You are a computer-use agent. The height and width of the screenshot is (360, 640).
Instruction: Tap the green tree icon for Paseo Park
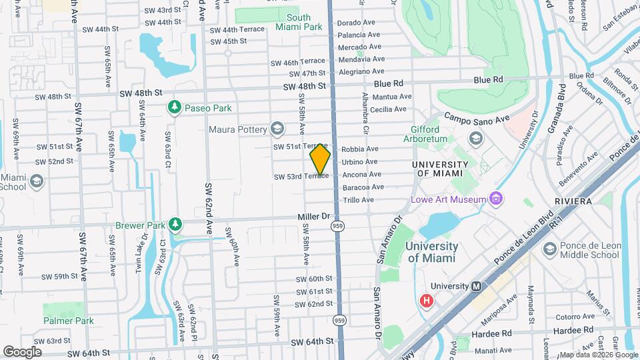[x=174, y=107]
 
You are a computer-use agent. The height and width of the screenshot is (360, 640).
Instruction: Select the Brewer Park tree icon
[x=175, y=225]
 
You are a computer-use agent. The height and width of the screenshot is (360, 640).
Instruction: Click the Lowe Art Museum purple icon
[x=495, y=198]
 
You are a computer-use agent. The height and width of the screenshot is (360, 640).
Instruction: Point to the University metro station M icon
[x=477, y=286]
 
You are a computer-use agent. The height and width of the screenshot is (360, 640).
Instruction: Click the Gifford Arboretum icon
[x=475, y=138]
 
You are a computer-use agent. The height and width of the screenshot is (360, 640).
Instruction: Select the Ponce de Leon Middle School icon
[x=549, y=249]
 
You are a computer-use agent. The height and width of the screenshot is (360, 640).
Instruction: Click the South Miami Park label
[x=298, y=22]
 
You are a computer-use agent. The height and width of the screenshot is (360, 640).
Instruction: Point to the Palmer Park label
[x=68, y=321]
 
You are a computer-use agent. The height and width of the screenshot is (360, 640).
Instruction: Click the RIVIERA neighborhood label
[x=573, y=201]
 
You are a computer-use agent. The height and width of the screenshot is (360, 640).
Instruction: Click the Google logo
[x=22, y=351]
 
